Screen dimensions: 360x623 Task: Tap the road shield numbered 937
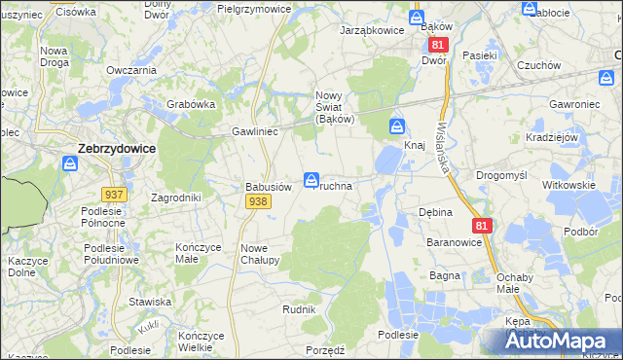(x=114, y=195)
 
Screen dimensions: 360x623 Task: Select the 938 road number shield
(x=258, y=200)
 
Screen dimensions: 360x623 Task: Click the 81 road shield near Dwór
(x=438, y=46)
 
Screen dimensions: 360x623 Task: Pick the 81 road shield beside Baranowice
(x=482, y=225)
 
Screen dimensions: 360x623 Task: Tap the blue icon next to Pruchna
(x=311, y=180)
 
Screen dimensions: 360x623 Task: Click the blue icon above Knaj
(x=397, y=126)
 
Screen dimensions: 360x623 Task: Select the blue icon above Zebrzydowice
(x=70, y=164)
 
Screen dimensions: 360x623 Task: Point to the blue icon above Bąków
(x=417, y=18)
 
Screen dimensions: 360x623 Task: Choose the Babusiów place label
(x=268, y=187)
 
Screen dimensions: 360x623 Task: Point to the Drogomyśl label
(x=501, y=175)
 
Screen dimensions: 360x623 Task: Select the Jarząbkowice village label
(x=371, y=31)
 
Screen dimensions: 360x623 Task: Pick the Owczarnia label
(x=131, y=70)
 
